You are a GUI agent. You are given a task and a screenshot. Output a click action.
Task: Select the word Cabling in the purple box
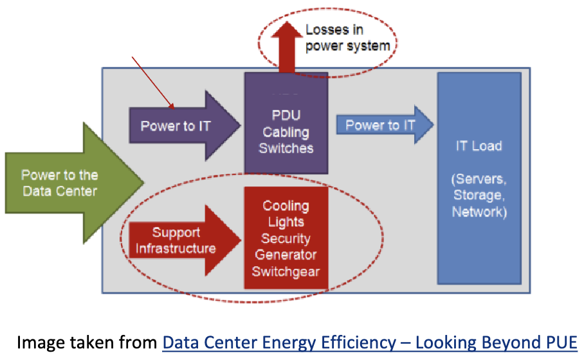pos(286,132)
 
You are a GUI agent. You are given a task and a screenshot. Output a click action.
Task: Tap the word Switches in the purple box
pos(286,148)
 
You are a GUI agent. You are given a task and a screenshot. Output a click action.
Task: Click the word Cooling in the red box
pos(286,206)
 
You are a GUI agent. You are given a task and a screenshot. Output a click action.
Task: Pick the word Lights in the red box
pos(286,222)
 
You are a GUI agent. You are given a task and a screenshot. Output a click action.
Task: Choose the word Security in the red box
pos(286,239)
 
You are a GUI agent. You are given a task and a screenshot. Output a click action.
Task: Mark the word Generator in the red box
pos(286,255)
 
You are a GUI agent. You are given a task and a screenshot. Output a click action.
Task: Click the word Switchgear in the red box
pos(286,271)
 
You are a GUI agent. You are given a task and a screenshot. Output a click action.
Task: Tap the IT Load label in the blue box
pos(479,146)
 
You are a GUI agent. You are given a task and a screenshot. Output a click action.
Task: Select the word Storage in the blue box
pos(479,195)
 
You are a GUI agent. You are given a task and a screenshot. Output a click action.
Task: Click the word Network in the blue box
pos(479,212)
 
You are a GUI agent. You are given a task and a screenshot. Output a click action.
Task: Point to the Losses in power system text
pos(347,38)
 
